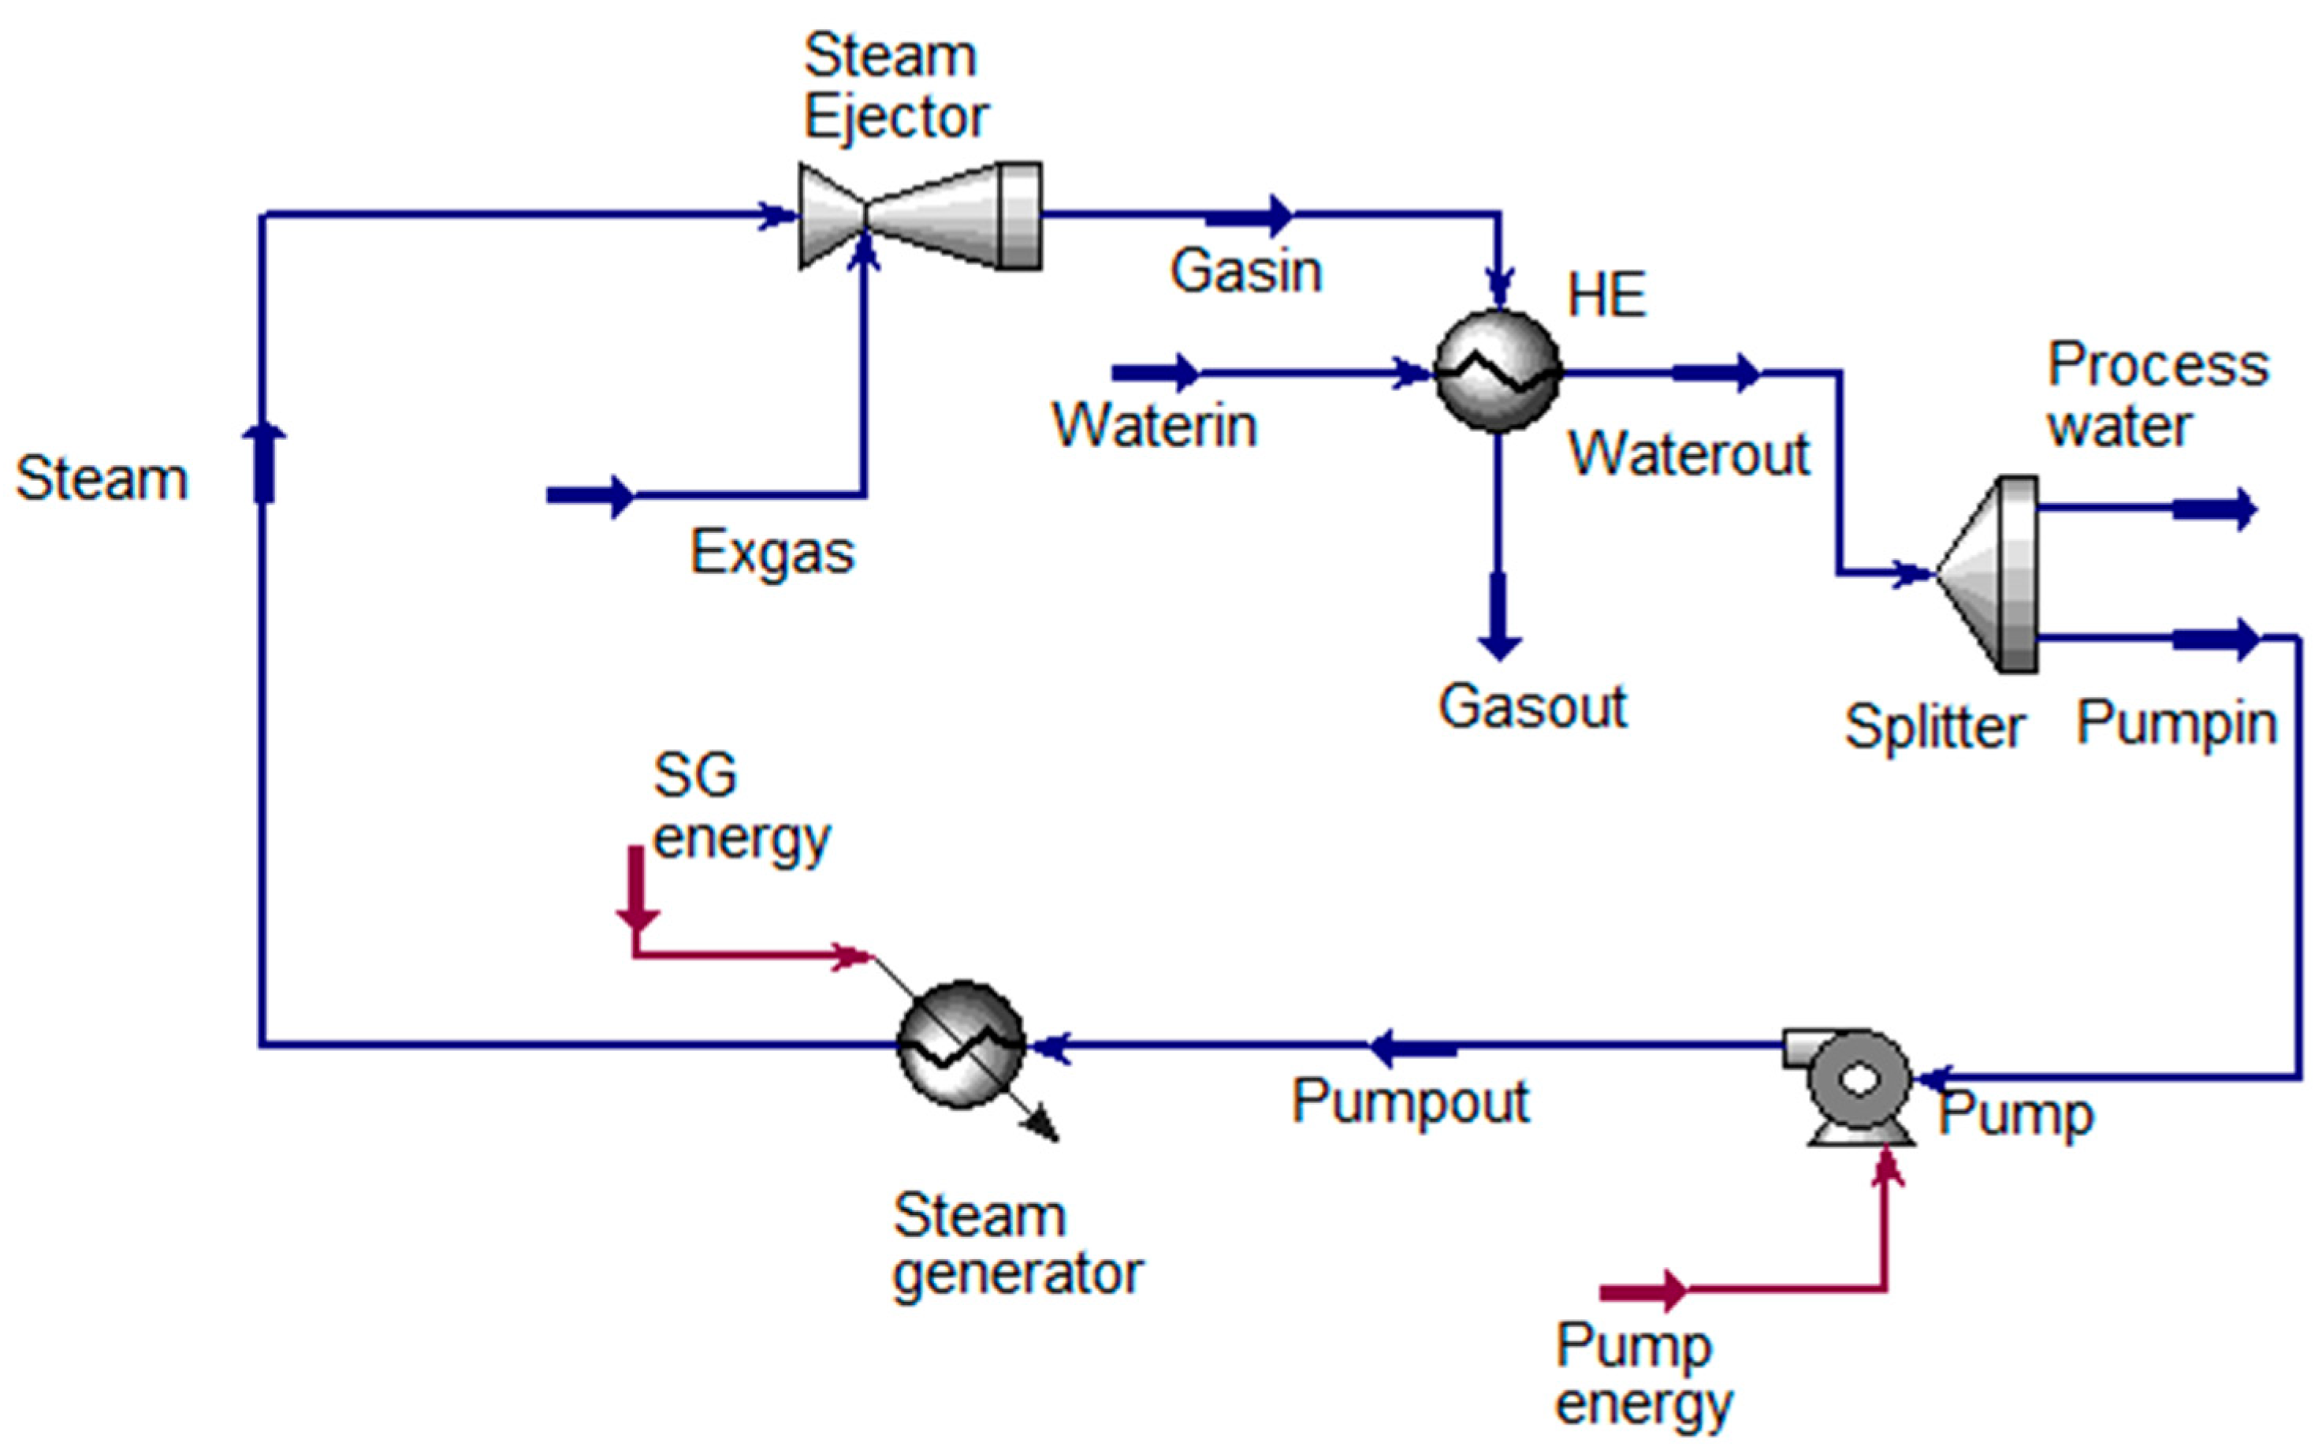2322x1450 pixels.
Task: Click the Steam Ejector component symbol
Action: pyautogui.click(x=921, y=216)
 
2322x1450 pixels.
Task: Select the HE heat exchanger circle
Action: pyautogui.click(x=1498, y=371)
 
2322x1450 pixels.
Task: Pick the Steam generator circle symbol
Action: pyautogui.click(x=961, y=1043)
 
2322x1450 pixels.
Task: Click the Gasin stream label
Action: pyautogui.click(x=1245, y=271)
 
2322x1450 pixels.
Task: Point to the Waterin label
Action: pyautogui.click(x=1154, y=425)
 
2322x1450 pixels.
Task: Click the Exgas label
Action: pyautogui.click(x=772, y=554)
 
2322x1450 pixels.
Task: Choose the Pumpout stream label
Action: pyautogui.click(x=1409, y=1101)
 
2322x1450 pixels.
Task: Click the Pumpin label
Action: pyautogui.click(x=2175, y=723)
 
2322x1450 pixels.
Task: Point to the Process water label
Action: pyautogui.click(x=2157, y=394)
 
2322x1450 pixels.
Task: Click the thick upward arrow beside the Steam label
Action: pyautogui.click(x=263, y=462)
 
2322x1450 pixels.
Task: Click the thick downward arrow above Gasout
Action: pyautogui.click(x=1498, y=617)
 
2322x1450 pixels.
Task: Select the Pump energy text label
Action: pyautogui.click(x=1643, y=1374)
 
